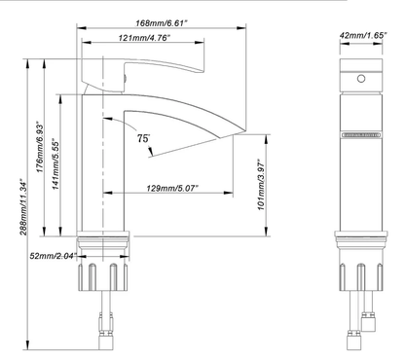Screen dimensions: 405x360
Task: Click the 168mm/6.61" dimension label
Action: (162, 23)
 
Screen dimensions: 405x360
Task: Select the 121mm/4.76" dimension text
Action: (144, 38)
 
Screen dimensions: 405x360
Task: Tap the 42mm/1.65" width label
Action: (363, 35)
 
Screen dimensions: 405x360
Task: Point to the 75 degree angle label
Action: (143, 138)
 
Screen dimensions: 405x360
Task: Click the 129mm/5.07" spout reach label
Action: (172, 188)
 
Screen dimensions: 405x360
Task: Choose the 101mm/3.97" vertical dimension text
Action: (262, 185)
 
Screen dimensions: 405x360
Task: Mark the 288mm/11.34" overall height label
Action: (23, 206)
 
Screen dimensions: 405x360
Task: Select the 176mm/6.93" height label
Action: (40, 147)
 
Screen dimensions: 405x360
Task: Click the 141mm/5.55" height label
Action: (55, 164)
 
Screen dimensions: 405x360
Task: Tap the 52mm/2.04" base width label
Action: (54, 256)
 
